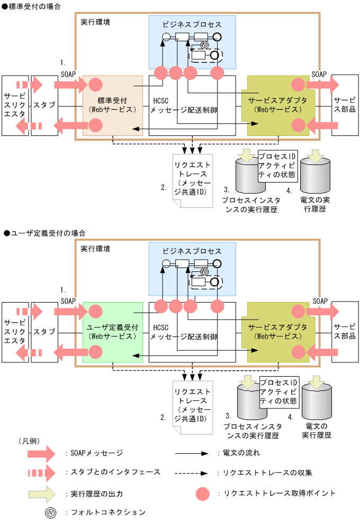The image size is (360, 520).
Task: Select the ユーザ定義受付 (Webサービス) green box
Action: [113, 332]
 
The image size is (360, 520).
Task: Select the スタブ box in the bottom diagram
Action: [44, 332]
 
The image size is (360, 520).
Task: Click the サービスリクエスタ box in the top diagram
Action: [15, 105]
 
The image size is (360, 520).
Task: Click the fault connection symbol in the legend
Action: [50, 512]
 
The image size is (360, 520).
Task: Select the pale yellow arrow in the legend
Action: [42, 493]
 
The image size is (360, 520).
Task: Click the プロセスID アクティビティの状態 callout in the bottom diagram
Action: [280, 391]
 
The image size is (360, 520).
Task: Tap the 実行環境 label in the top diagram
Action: [95, 23]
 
